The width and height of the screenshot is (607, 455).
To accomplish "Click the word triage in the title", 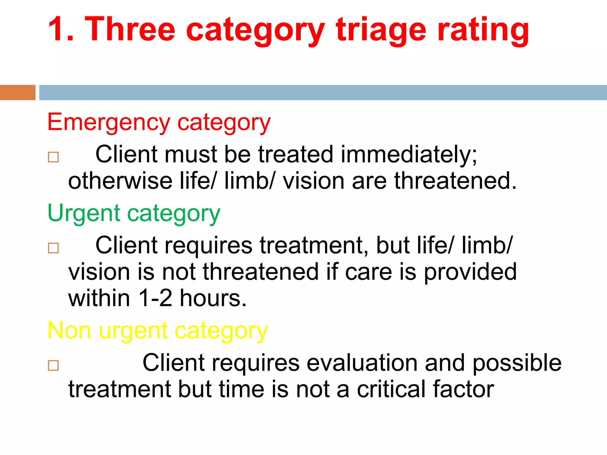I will pos(381,30).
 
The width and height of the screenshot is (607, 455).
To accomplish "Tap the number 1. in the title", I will pos(61,30).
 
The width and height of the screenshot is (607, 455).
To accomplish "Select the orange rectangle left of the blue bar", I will pos(17,92).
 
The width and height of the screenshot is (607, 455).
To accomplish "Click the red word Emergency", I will pos(108,122).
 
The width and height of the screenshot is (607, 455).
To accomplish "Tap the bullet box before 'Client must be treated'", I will pos(53,157).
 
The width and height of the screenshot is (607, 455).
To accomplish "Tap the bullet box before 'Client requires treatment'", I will pos(53,248).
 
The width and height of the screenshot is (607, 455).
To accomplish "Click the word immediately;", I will pos(409,155).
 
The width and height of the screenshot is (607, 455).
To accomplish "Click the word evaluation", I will pos(362,363).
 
